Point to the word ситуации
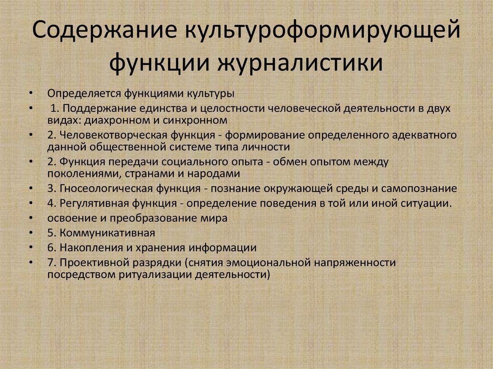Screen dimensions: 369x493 428,203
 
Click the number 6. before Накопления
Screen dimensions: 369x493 52,248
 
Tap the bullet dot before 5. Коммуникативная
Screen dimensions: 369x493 31,233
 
